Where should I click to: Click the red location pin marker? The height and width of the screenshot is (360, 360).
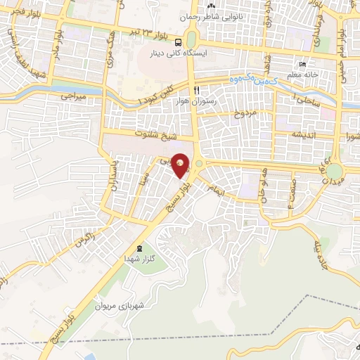tap(181, 165)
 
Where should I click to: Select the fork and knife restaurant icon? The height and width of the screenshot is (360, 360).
tap(197, 89)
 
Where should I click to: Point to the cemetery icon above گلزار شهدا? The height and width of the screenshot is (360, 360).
tap(139, 248)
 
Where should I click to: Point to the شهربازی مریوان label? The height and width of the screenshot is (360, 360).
tap(142, 306)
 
